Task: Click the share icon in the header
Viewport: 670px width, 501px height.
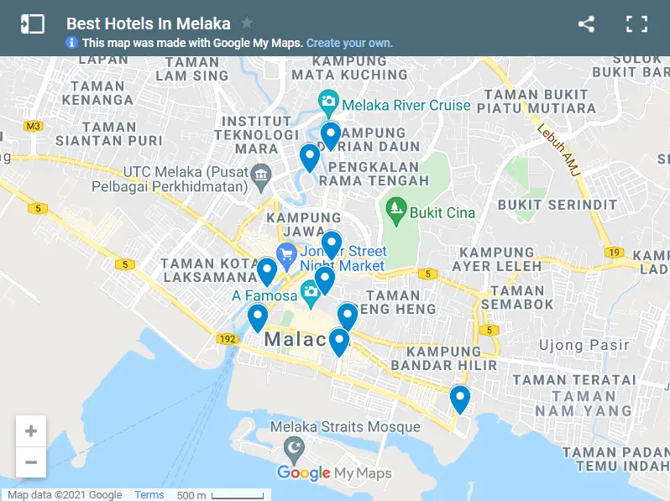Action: (586, 24)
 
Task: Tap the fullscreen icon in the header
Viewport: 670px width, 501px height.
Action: (637, 24)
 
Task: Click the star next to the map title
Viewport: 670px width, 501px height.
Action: (247, 23)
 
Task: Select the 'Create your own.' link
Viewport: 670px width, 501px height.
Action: (349, 43)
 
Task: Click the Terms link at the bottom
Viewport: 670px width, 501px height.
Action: (149, 495)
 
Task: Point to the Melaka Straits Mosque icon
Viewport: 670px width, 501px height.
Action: (293, 447)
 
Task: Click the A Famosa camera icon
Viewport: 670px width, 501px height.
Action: (311, 292)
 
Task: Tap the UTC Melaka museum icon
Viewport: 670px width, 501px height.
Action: (260, 175)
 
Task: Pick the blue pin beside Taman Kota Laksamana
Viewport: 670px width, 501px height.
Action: (267, 270)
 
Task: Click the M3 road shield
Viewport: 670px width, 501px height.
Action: (33, 126)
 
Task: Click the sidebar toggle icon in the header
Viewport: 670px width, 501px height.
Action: (33, 24)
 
